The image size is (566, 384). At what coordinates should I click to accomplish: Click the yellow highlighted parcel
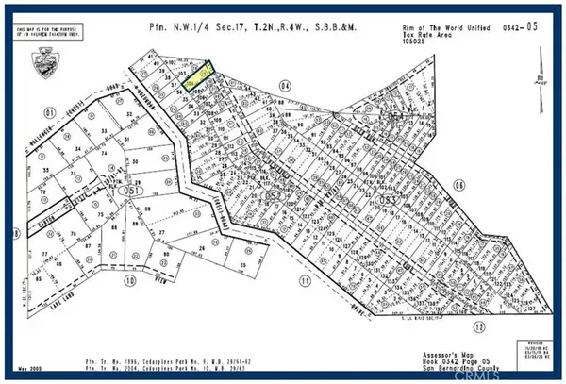[198, 76]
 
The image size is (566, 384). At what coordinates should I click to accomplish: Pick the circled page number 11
[305, 280]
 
